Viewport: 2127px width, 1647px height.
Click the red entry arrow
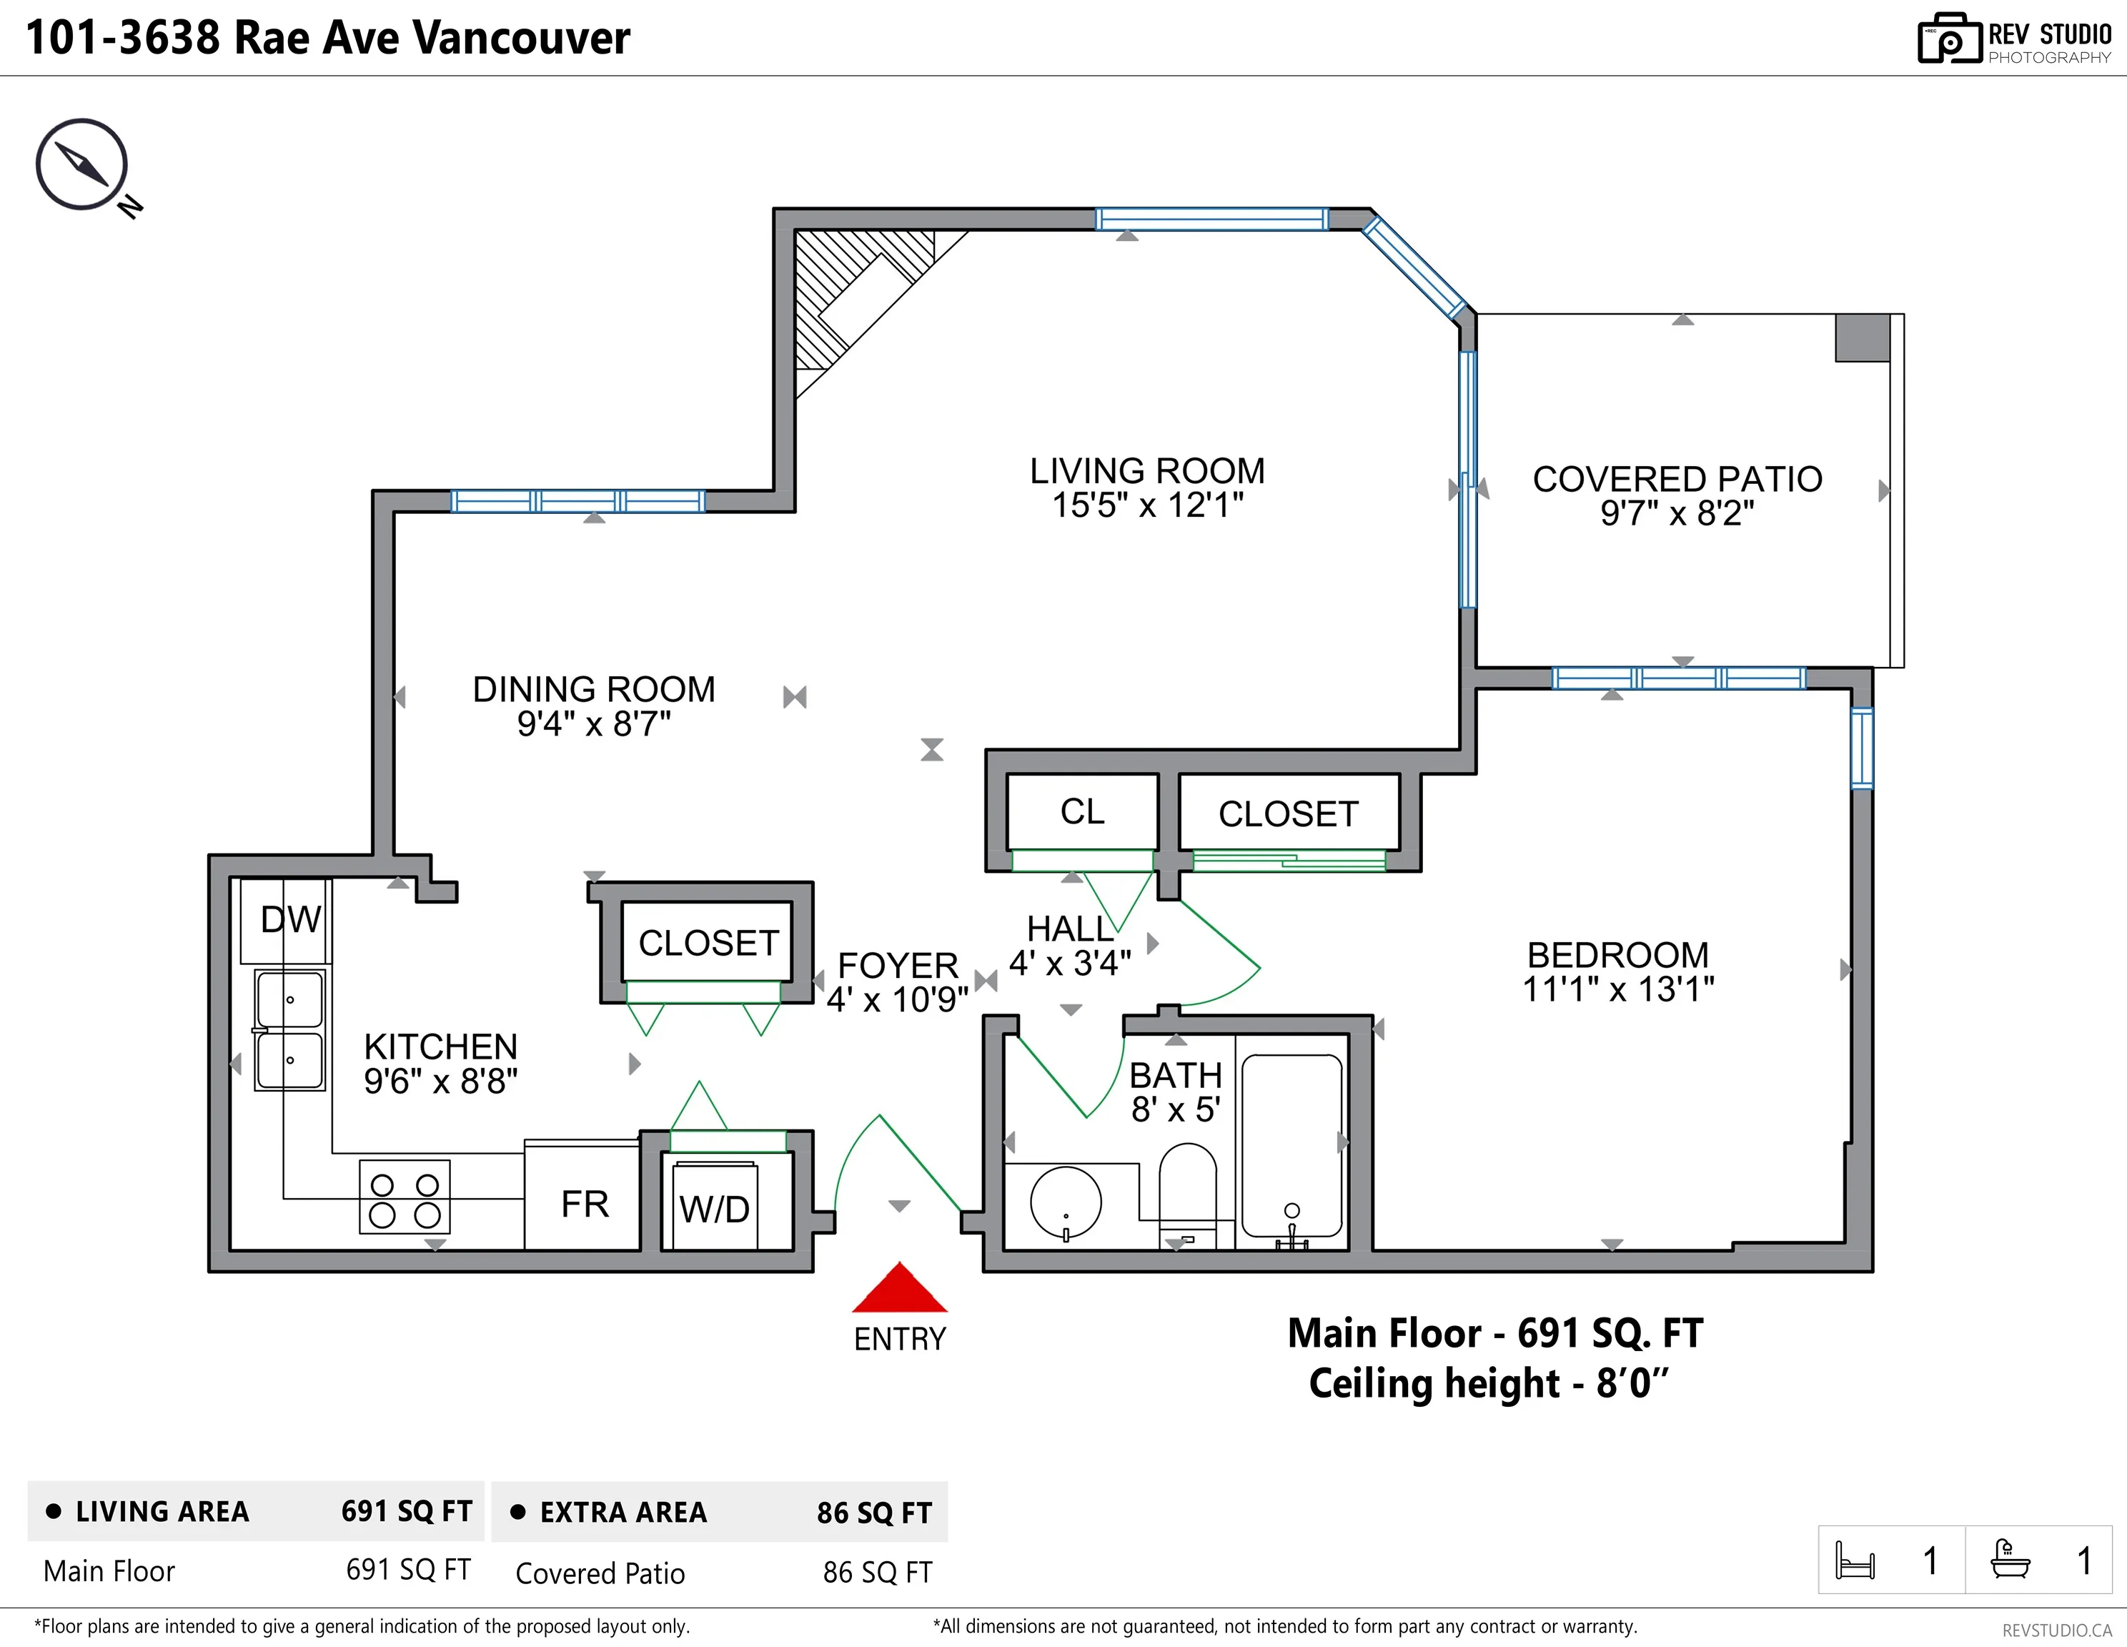pyautogui.click(x=899, y=1287)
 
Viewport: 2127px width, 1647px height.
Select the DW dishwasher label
pyautogui.click(x=290, y=919)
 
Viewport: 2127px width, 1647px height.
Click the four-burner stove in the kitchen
pyautogui.click(x=404, y=1197)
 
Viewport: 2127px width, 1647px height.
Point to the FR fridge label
pyautogui.click(x=585, y=1205)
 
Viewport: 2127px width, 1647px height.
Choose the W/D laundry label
pyautogui.click(x=715, y=1210)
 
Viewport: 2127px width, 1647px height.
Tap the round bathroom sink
pyautogui.click(x=1066, y=1203)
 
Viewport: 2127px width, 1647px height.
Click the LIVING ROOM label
pyautogui.click(x=1147, y=471)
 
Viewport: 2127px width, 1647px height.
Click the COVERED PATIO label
pyautogui.click(x=1677, y=479)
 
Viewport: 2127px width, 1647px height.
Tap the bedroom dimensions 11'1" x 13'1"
pyautogui.click(x=1617, y=989)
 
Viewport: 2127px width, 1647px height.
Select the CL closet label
pyautogui.click(x=1082, y=811)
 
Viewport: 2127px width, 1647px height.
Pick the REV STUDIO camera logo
pyautogui.click(x=1949, y=39)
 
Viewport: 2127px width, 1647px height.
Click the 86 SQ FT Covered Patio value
pyautogui.click(x=878, y=1572)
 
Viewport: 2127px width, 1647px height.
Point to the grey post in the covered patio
pyautogui.click(x=1862, y=338)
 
